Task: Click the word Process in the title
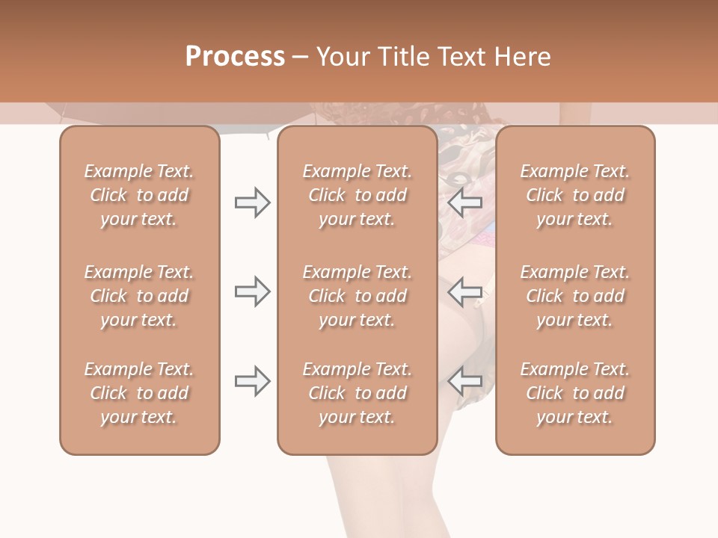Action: pyautogui.click(x=235, y=57)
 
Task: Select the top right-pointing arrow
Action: pyautogui.click(x=252, y=202)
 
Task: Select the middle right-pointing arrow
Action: pyautogui.click(x=252, y=291)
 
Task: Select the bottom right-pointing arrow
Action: pyautogui.click(x=252, y=381)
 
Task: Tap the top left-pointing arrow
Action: pyautogui.click(x=465, y=202)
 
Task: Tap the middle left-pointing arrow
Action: pyautogui.click(x=465, y=291)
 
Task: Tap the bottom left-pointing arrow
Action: pyautogui.click(x=465, y=381)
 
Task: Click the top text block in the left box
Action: pyautogui.click(x=139, y=195)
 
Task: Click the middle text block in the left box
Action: pyautogui.click(x=139, y=296)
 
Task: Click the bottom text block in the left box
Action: pyautogui.click(x=139, y=393)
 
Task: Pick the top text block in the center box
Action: pyautogui.click(x=357, y=195)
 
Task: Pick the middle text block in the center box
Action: pyautogui.click(x=357, y=296)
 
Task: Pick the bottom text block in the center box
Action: pyautogui.click(x=357, y=393)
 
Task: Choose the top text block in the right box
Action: pyautogui.click(x=574, y=195)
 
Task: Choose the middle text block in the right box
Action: pyautogui.click(x=574, y=296)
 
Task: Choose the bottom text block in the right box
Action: pyautogui.click(x=574, y=393)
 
